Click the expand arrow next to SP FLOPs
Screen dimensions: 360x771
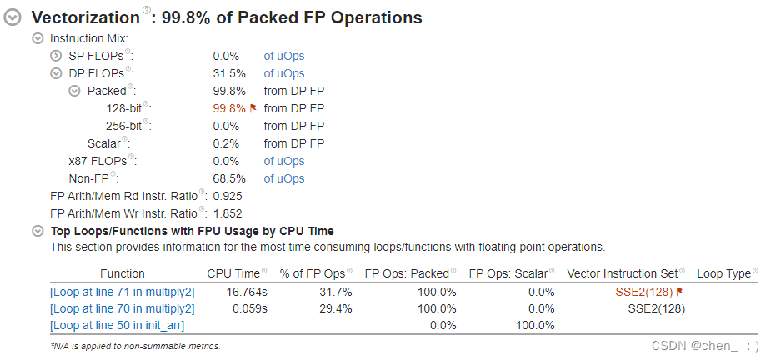56,56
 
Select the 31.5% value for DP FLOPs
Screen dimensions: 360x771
229,73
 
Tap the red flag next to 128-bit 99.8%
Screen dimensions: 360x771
253,108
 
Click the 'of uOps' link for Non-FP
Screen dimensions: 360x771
284,178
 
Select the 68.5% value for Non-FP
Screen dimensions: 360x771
229,178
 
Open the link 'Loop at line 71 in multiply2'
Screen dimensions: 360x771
123,292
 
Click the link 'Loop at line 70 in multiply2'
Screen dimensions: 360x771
123,308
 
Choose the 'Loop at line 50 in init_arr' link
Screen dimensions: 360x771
118,325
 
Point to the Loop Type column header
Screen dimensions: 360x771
723,273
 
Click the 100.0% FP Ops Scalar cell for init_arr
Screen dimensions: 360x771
531,325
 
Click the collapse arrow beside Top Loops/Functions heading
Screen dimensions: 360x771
38,231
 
